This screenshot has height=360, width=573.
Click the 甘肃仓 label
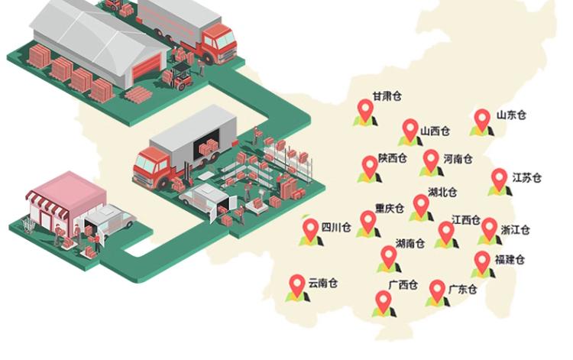click(387, 97)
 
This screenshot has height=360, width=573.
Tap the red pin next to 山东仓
click(481, 120)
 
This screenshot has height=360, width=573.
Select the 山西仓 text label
click(435, 131)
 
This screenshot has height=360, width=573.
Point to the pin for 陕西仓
click(370, 166)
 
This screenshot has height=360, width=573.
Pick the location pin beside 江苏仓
click(499, 180)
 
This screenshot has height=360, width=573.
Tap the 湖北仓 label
click(442, 192)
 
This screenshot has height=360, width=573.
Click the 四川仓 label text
click(336, 227)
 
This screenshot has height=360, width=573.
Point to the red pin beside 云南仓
click(297, 286)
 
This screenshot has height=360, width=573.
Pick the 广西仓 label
click(403, 286)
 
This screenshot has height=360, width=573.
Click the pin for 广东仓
click(436, 290)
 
